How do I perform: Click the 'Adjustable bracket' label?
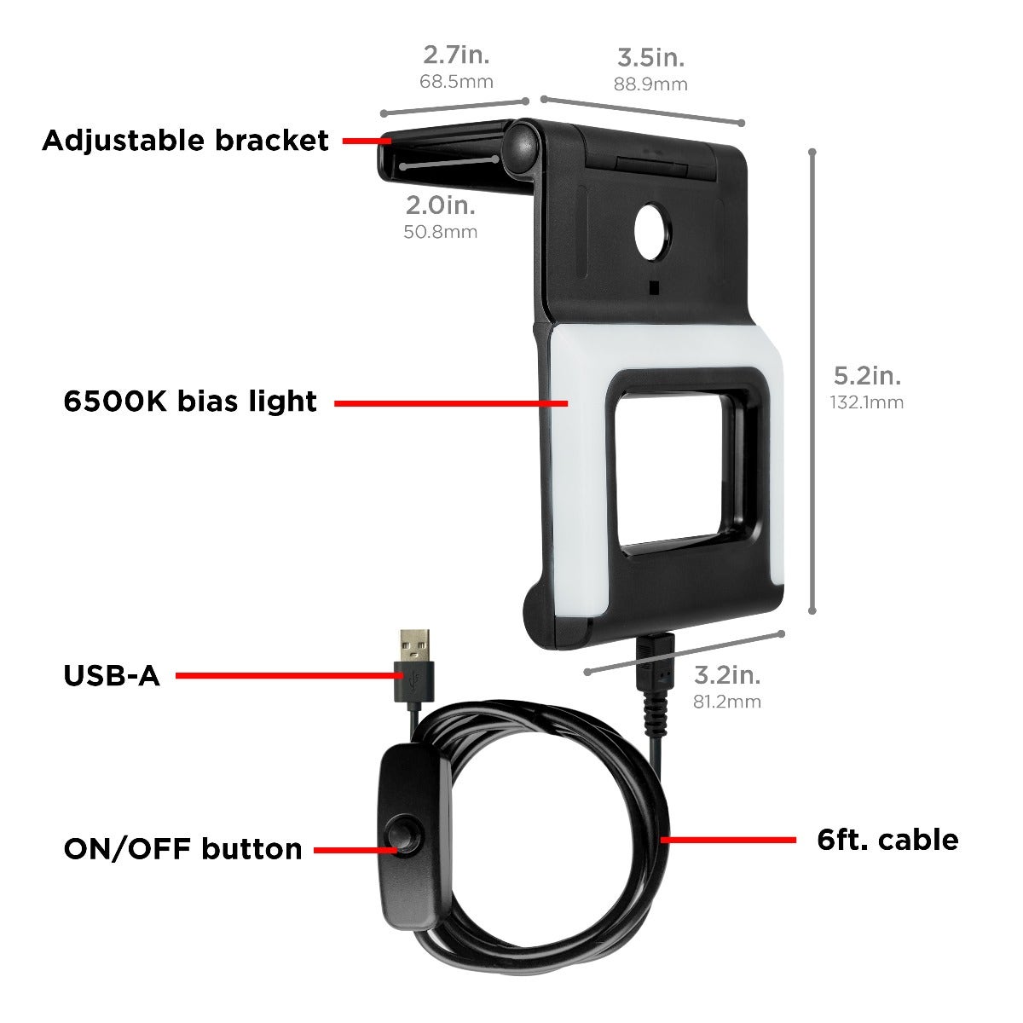pos(185,141)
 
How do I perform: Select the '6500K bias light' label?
pos(190,402)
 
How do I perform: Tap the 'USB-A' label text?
pos(112,676)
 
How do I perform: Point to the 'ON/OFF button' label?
pos(182,849)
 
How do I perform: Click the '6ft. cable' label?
pos(887,840)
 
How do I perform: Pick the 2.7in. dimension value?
pos(456,56)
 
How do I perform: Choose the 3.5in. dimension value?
pos(650,58)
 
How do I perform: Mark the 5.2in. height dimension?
pos(867,375)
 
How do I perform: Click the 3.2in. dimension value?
pos(726,675)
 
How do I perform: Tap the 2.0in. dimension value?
pos(440,205)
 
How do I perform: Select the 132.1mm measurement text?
pos(867,402)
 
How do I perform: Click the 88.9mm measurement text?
pos(650,84)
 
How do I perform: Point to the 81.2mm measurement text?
pos(726,702)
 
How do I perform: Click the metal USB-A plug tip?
pos(416,643)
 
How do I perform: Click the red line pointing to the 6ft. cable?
pos(730,840)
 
